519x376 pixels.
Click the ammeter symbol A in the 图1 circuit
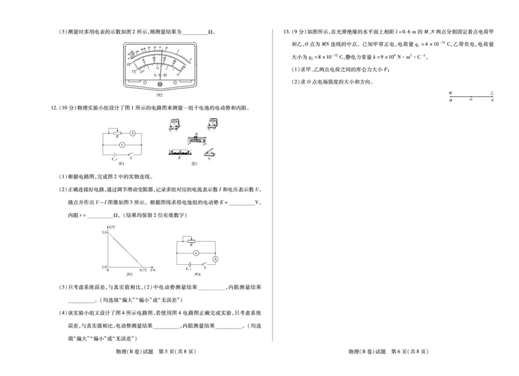coord(132,132)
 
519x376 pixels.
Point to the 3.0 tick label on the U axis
coord(103,232)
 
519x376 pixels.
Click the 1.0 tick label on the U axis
coord(103,266)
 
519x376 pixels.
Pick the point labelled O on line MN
coord(471,101)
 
